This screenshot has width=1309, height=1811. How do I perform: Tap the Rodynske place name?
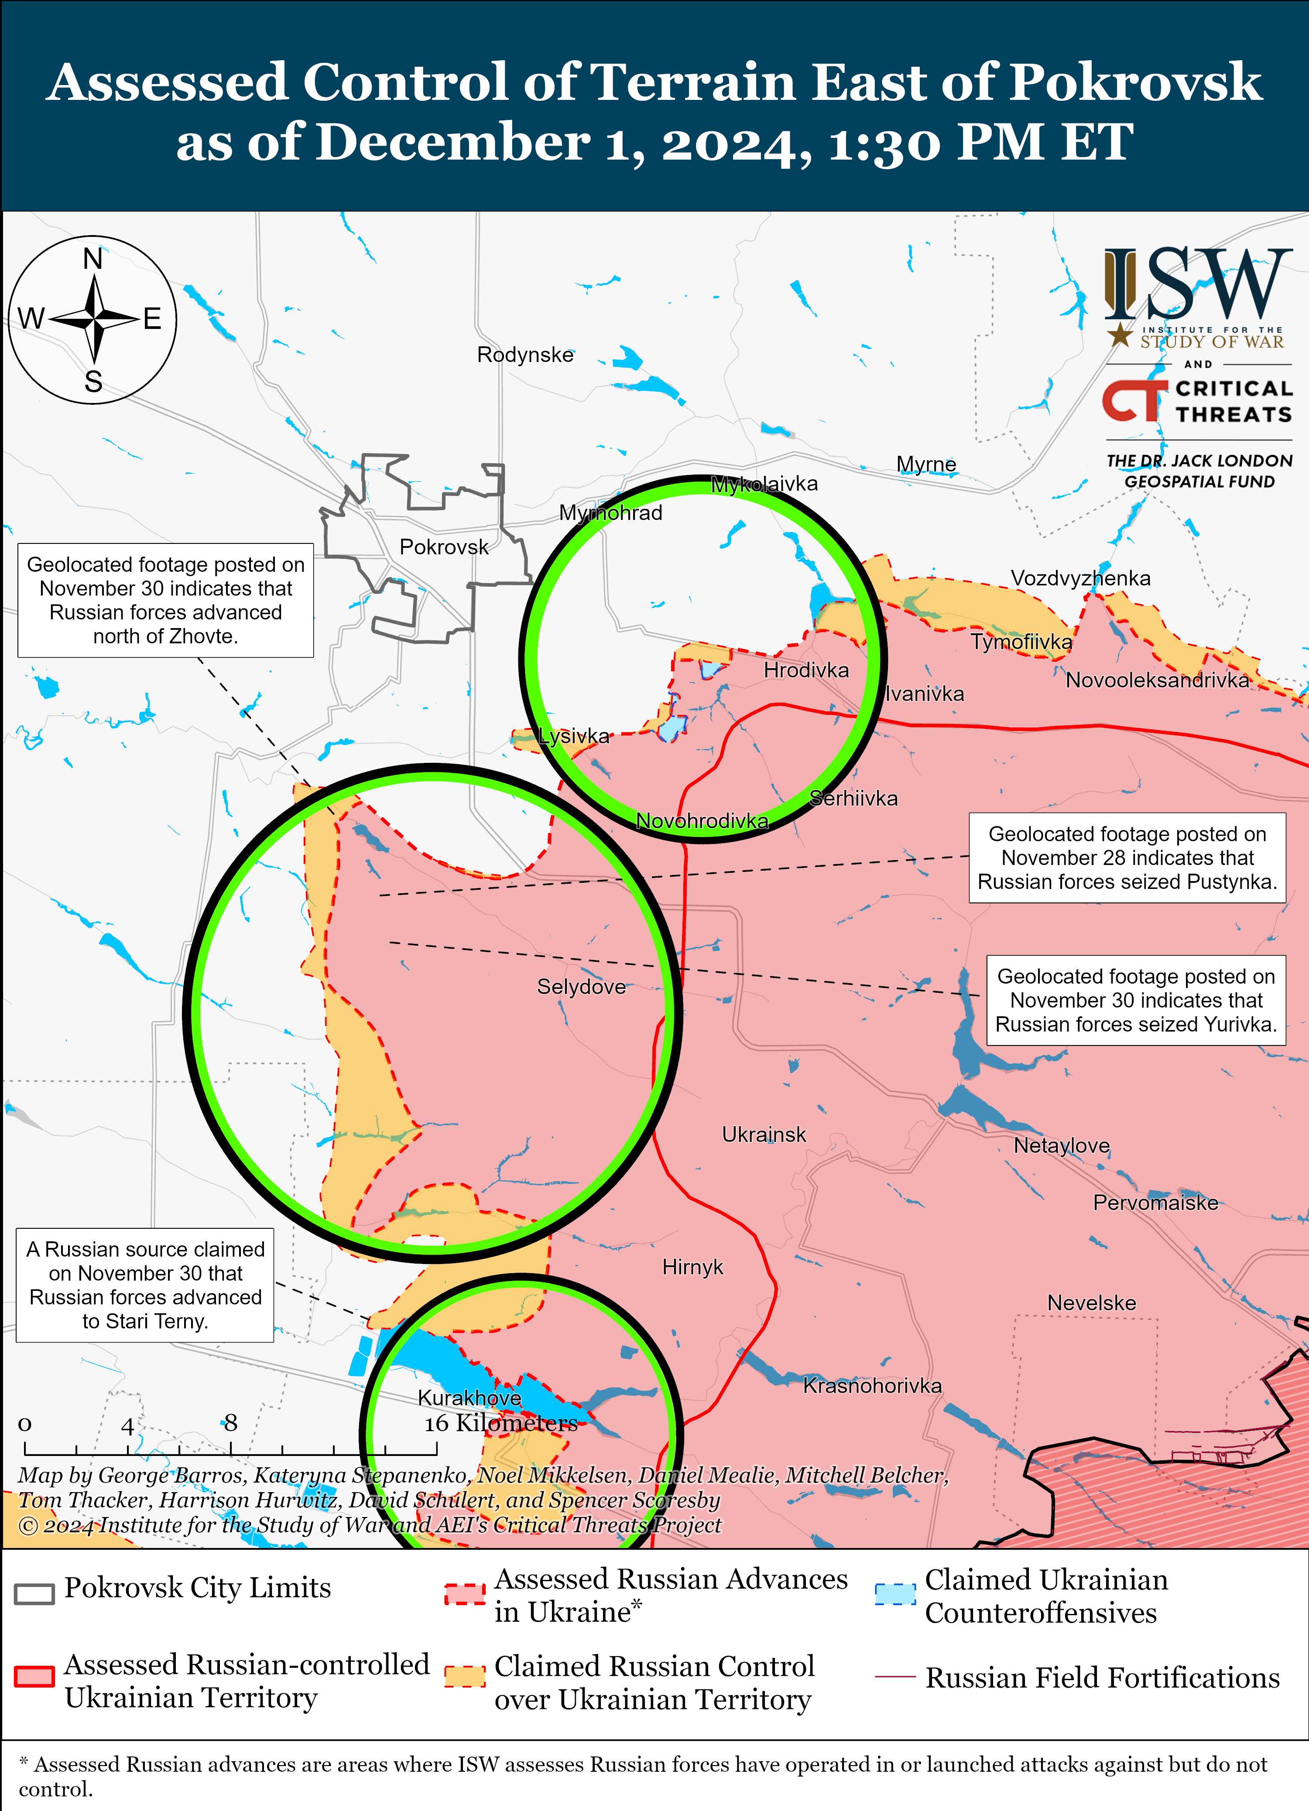[x=525, y=355]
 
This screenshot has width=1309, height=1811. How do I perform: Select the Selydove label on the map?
[x=581, y=987]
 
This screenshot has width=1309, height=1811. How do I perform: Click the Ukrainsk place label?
[x=764, y=1134]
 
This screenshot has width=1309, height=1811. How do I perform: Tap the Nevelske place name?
[x=1091, y=1303]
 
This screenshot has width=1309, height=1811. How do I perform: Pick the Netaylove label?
[x=1062, y=1146]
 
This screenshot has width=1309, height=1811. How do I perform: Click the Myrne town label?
[x=925, y=464]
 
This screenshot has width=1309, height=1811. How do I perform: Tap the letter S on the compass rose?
[x=93, y=382]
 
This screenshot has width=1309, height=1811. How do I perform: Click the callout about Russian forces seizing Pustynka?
[x=1127, y=858]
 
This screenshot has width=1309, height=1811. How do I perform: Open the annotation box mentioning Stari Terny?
[x=145, y=1285]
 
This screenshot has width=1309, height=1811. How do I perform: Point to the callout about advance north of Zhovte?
[x=165, y=601]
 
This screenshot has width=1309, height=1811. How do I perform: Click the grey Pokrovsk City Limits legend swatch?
[x=34, y=1593]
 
